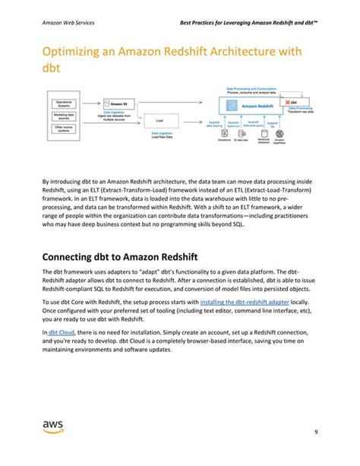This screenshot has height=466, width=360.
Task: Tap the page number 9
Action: (314, 434)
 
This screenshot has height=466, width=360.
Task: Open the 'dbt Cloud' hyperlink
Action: (61, 333)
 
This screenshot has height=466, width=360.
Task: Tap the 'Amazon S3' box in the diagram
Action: (114, 103)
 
